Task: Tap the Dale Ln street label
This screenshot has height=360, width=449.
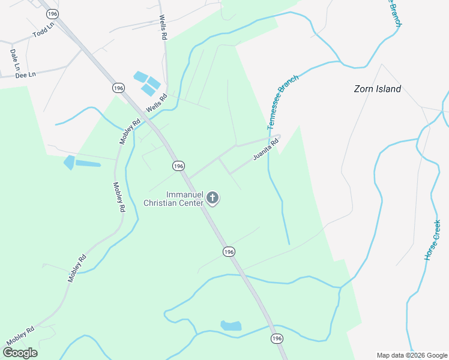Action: [x=14, y=58]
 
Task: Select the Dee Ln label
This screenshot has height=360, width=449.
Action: [x=26, y=74]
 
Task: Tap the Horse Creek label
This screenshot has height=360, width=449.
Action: [x=432, y=240]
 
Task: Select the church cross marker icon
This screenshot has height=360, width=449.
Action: [x=212, y=197]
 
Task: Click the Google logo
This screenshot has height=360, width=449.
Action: [x=20, y=353]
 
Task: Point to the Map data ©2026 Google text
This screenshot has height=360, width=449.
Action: [x=412, y=355]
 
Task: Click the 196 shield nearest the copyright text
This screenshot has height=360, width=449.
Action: [x=276, y=339]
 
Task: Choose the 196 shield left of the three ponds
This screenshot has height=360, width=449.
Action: [x=118, y=88]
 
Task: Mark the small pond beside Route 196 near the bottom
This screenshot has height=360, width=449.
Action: [x=231, y=326]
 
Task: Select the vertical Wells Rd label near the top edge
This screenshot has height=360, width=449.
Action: [x=163, y=28]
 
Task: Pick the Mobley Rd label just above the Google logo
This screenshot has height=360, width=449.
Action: [x=20, y=336]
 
